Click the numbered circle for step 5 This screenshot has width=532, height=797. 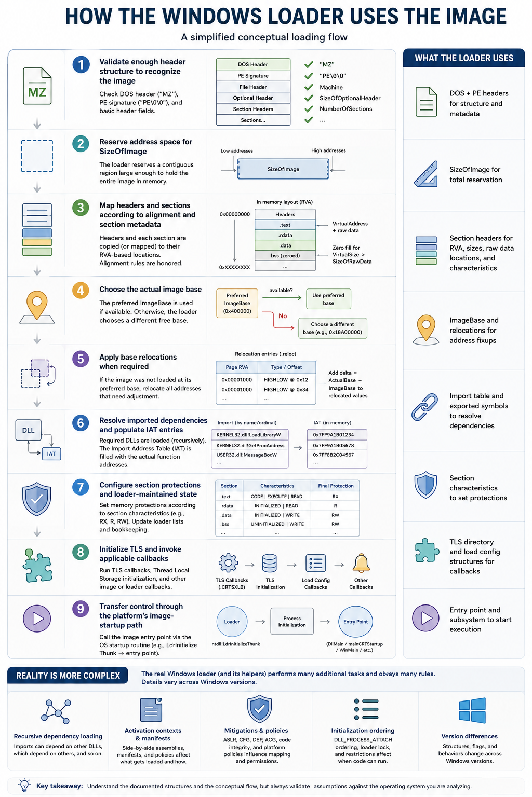coord(81,359)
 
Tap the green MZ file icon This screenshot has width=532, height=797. coord(37,86)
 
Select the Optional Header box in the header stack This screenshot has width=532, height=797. coord(253,98)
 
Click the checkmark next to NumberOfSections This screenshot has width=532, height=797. coord(309,108)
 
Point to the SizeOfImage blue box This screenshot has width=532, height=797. coord(283,169)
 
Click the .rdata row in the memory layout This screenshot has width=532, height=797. coord(285,235)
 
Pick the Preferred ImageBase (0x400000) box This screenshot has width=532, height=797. coord(237,303)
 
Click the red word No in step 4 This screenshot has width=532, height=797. coord(283,316)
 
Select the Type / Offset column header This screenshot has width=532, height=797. coord(286,367)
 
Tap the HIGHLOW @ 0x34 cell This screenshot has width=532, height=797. coord(286,390)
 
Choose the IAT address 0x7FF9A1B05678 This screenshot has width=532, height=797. coord(334,446)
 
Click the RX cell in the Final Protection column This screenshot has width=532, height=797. coord(335,497)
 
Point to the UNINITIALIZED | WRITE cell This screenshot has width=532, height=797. coord(277,524)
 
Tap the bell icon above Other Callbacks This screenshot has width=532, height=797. coord(361,563)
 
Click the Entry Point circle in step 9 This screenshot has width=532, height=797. coord(355,622)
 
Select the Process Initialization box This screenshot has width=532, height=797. coord(292,621)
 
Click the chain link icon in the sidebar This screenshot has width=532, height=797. coord(425,407)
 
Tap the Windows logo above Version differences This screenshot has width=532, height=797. coord(472,710)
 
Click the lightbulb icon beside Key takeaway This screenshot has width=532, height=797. coord(24,785)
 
